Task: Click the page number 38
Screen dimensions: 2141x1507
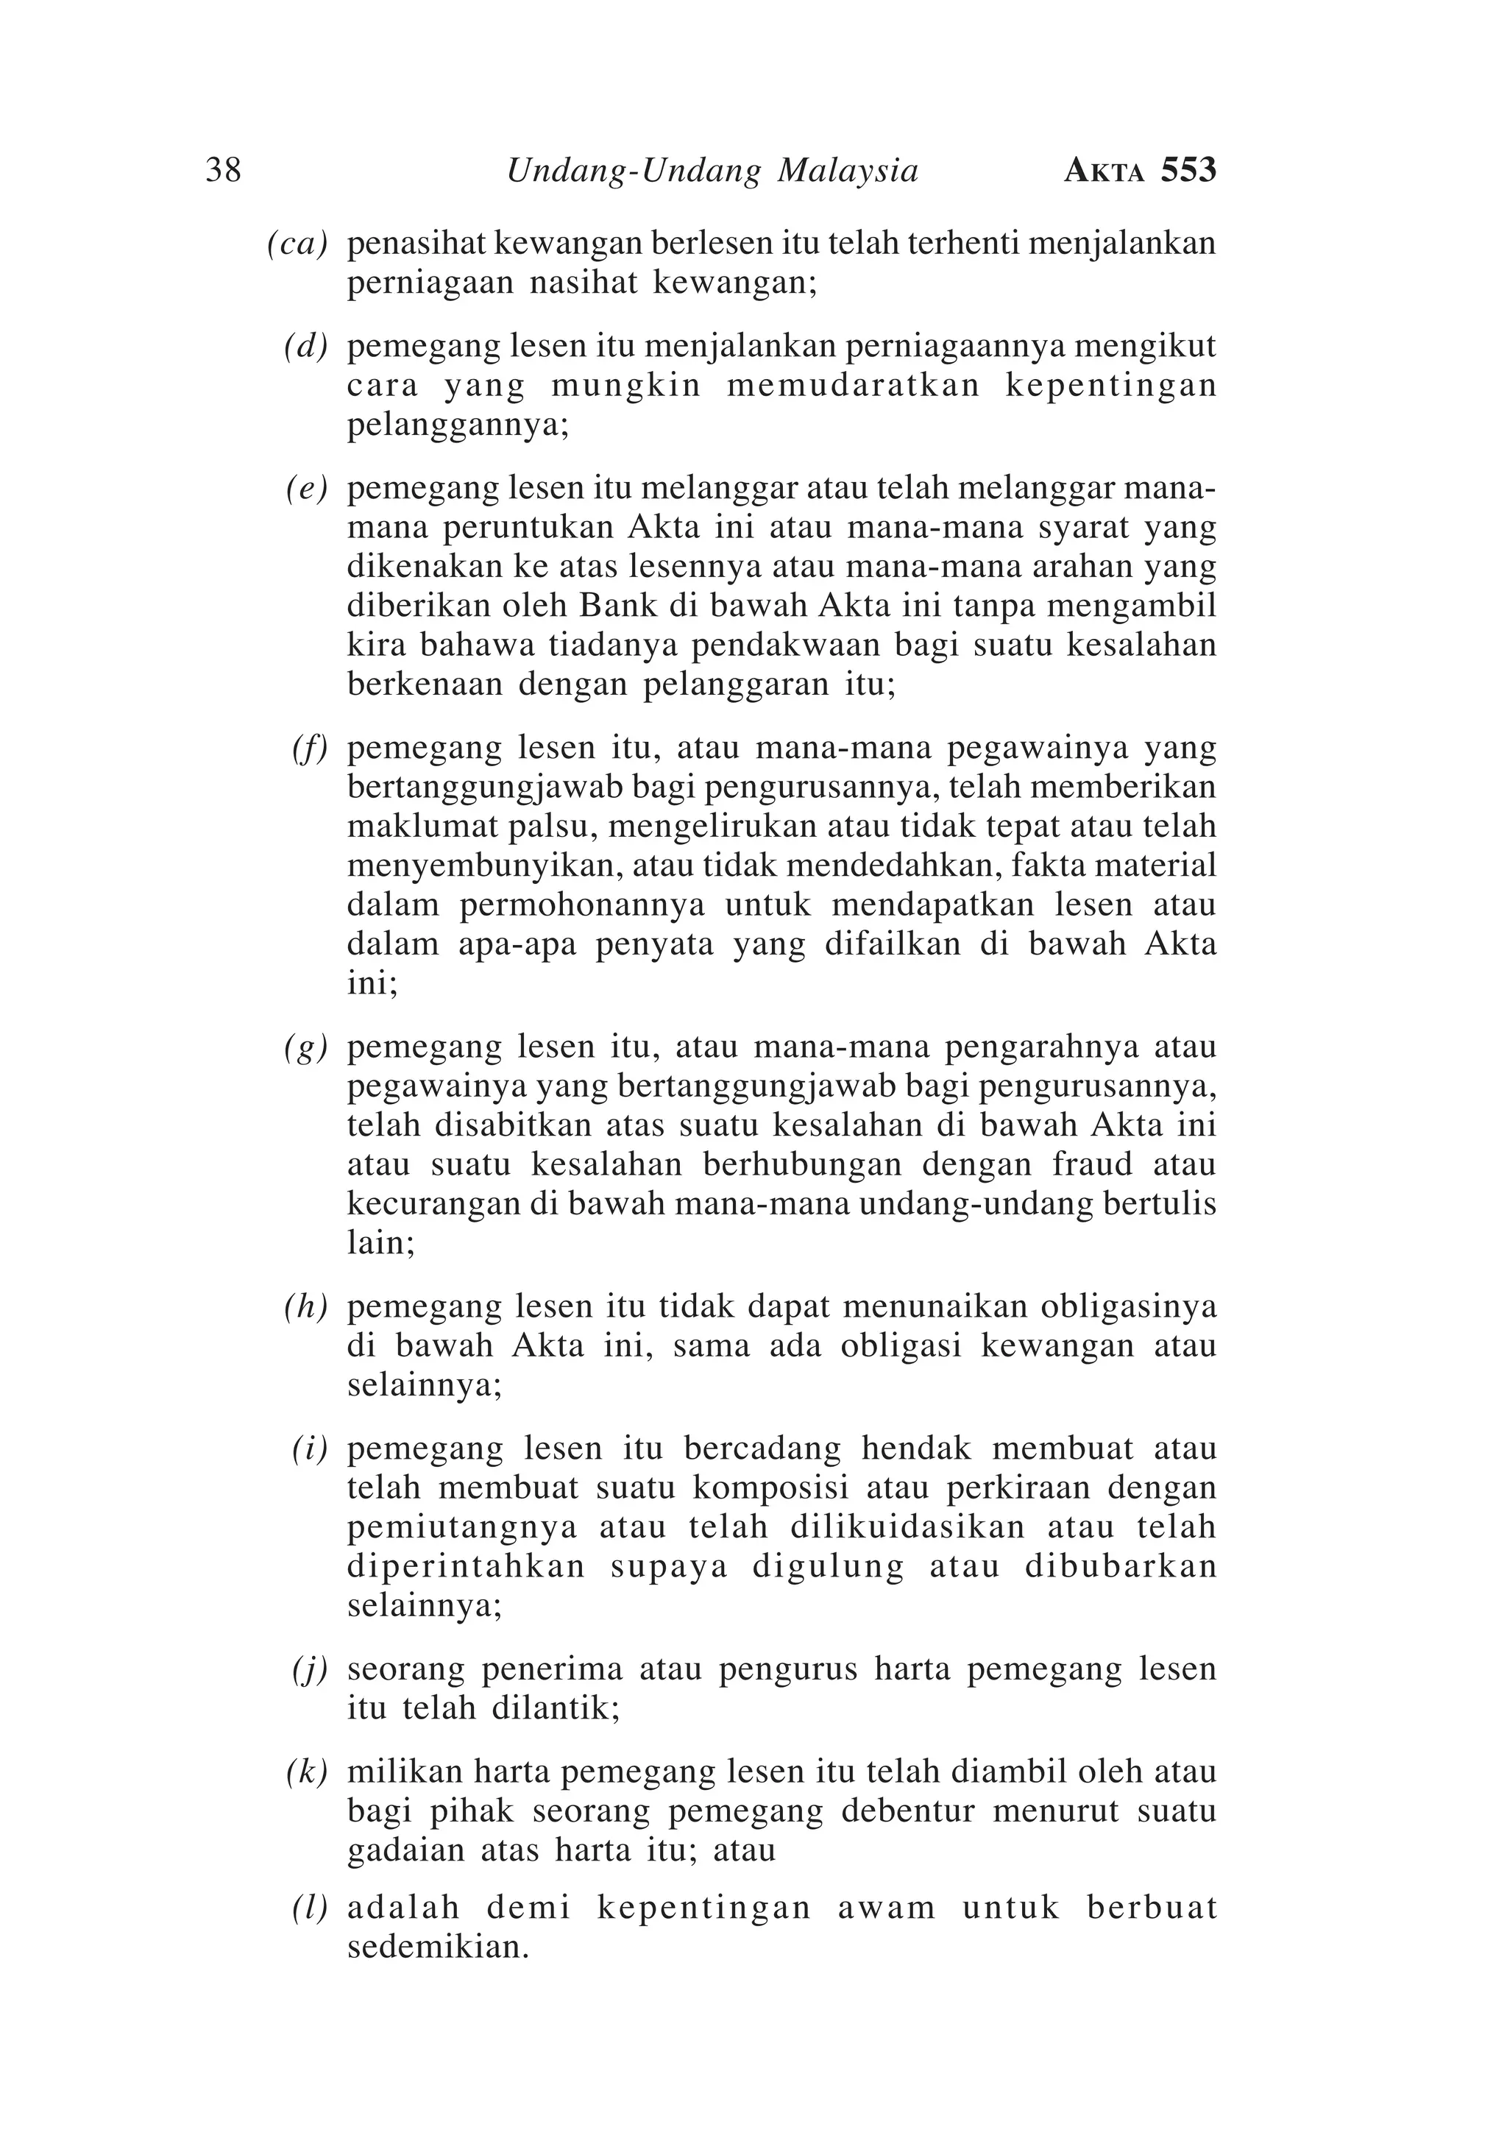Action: (x=223, y=171)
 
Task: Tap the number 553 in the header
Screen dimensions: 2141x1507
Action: (x=1188, y=171)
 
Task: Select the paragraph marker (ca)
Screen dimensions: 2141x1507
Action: (x=297, y=244)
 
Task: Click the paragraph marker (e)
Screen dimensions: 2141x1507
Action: (x=307, y=489)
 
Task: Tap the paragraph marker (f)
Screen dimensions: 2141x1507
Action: (x=310, y=748)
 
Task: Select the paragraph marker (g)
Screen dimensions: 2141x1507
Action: (x=306, y=1048)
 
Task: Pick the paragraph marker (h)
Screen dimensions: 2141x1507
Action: (x=306, y=1307)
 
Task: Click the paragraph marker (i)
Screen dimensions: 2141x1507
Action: (x=310, y=1449)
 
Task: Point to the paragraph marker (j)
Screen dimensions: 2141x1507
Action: (x=310, y=1669)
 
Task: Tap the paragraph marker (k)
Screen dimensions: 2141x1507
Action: (x=307, y=1772)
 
